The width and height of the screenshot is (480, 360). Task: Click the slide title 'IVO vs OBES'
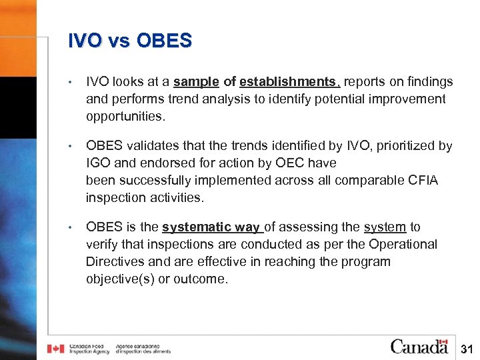click(x=129, y=41)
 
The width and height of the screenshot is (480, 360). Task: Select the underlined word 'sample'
click(x=196, y=82)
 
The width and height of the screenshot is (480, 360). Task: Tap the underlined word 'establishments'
click(x=289, y=82)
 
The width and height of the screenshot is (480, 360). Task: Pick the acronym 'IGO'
click(x=97, y=163)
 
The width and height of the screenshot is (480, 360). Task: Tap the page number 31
click(x=467, y=349)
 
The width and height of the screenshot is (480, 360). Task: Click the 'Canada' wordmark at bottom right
click(x=419, y=346)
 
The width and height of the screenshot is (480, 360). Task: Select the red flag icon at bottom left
click(x=55, y=349)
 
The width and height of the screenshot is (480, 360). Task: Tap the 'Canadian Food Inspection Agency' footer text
click(x=90, y=349)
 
